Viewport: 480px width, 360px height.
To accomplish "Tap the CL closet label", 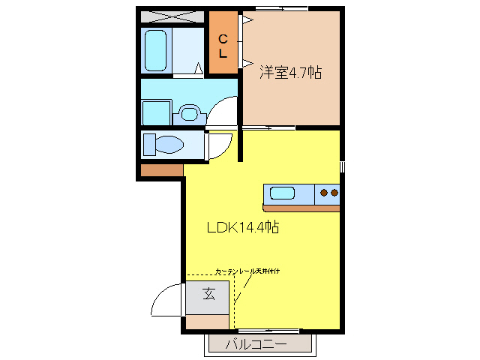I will click(x=223, y=46).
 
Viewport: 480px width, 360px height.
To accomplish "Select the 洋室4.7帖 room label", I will click(x=291, y=73).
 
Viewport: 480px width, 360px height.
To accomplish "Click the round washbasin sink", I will click(x=190, y=115).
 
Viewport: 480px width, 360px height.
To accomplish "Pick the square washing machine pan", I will click(x=156, y=113).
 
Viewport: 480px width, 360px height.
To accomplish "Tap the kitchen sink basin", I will click(x=282, y=193).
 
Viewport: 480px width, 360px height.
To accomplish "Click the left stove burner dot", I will click(x=325, y=193).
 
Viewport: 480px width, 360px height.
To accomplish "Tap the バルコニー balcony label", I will click(x=256, y=344).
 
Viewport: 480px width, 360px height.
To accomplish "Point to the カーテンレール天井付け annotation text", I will click(x=247, y=271).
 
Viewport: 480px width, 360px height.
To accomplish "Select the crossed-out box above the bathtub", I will click(x=172, y=16).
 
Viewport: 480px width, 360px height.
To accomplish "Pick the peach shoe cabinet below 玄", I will click(x=208, y=322).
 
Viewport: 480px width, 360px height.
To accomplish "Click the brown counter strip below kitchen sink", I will click(x=301, y=206).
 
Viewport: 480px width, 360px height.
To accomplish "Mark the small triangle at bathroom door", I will click(x=199, y=70).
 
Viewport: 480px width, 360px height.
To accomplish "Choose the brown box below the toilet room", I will click(x=161, y=169).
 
